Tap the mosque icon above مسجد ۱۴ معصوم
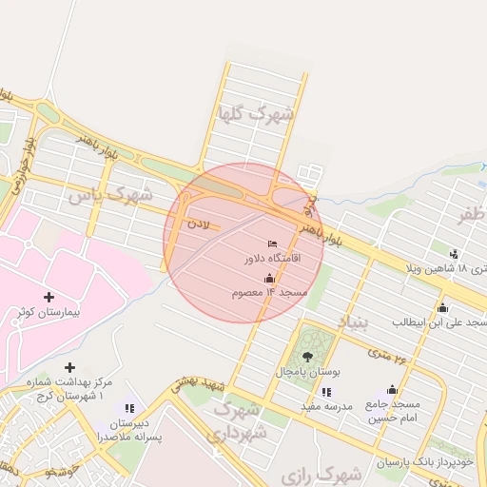coord(269,279)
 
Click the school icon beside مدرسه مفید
coord(326,392)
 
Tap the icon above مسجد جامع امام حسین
coord(392,390)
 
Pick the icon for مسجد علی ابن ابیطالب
coord(442,307)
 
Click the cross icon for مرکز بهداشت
coord(69,367)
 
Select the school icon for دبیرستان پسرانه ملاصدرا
coord(129,409)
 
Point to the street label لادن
coord(196,224)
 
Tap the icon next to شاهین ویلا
coord(454,254)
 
